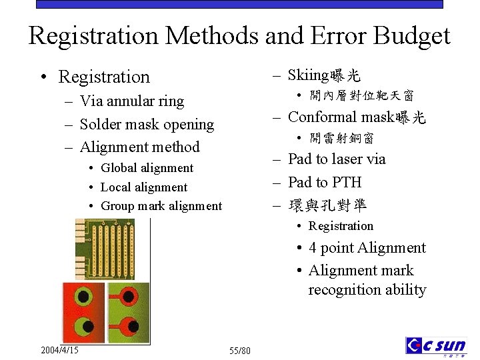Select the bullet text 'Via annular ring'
(x=131, y=101)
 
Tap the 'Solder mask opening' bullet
(x=147, y=124)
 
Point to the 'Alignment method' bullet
(x=139, y=147)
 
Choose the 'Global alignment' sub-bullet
(x=147, y=168)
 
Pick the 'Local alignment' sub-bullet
(x=144, y=187)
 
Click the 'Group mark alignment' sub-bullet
(x=161, y=206)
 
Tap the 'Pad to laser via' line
(x=337, y=159)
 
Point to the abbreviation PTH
(x=347, y=182)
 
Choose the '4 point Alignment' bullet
(x=367, y=248)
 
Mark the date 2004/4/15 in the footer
(x=59, y=350)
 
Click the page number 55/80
(x=240, y=351)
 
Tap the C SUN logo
(x=436, y=346)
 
